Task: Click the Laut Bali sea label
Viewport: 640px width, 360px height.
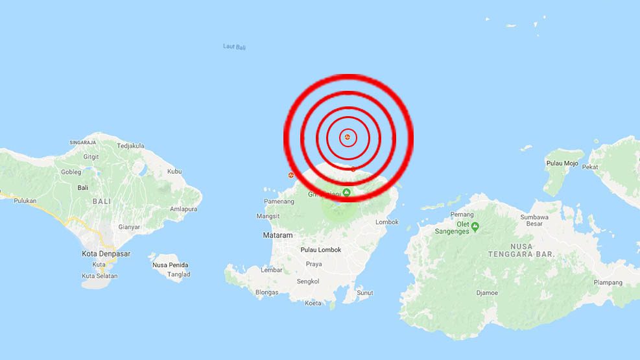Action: (x=234, y=47)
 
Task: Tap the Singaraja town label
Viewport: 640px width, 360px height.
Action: (x=82, y=142)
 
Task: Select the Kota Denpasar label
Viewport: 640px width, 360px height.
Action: (x=106, y=254)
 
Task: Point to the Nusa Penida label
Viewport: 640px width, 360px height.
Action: (x=169, y=265)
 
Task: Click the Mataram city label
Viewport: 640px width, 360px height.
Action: (x=278, y=235)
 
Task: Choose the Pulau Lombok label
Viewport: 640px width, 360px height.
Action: (x=320, y=250)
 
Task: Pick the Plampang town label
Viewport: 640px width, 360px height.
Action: (x=608, y=282)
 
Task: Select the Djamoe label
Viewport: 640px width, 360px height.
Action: (x=487, y=293)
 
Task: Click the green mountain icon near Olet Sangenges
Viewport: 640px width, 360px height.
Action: (x=475, y=226)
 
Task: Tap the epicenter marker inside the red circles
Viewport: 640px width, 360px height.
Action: (x=348, y=137)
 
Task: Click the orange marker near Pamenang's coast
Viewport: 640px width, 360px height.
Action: (x=291, y=175)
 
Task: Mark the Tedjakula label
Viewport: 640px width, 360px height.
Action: (x=130, y=146)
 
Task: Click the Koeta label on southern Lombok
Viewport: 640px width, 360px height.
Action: (x=313, y=303)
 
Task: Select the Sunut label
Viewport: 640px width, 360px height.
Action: (x=365, y=293)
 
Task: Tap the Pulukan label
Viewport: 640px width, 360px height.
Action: (x=25, y=200)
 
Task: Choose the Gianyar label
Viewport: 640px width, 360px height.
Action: (x=130, y=227)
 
